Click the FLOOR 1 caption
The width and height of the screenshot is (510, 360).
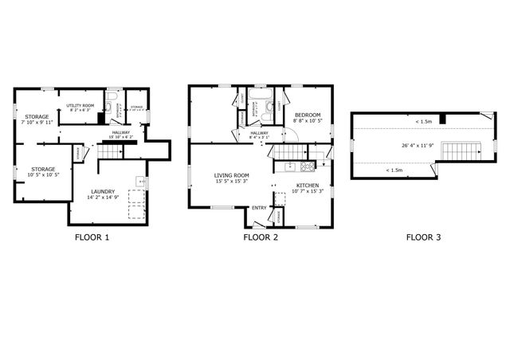click(x=92, y=237)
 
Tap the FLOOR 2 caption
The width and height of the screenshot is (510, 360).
click(x=261, y=237)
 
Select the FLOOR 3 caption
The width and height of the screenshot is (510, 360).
click(x=423, y=237)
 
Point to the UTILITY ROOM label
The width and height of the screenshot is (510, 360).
click(x=80, y=105)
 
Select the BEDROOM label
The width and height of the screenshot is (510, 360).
click(x=308, y=115)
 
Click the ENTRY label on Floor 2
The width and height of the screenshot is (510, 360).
click(x=260, y=208)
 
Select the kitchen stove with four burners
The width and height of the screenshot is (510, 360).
click(x=290, y=166)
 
